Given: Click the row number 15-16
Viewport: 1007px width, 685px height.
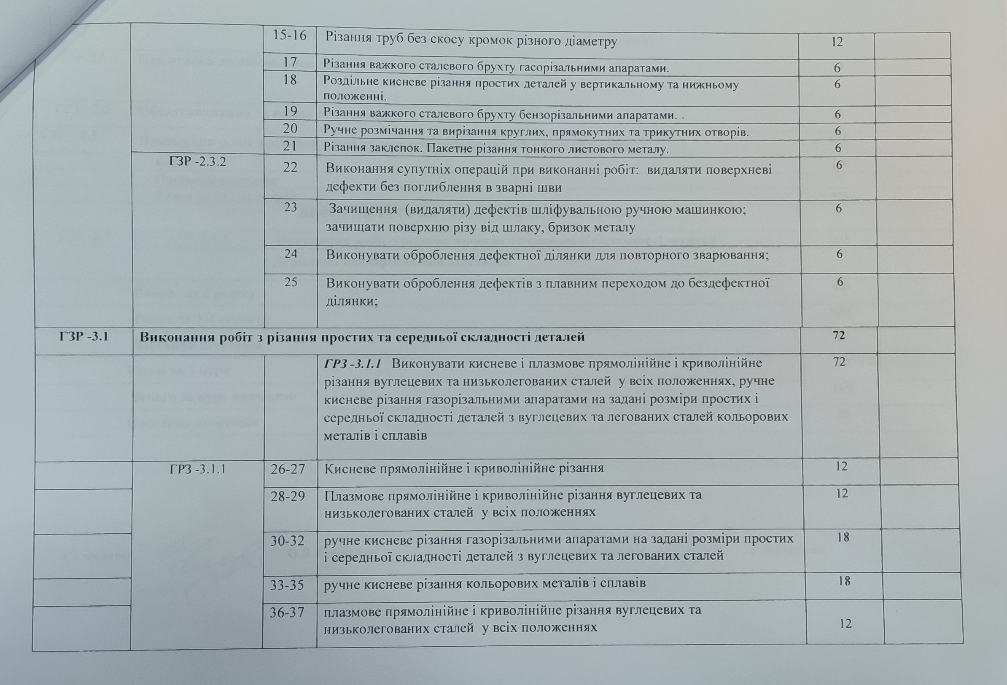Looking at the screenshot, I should coord(289,36).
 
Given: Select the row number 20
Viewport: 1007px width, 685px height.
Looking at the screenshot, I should coord(290,129).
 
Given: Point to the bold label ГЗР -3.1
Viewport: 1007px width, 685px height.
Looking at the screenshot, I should coord(83,337).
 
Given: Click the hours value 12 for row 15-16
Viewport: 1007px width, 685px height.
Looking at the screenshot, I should coord(837,42).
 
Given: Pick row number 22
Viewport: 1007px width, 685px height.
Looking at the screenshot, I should coord(290,167).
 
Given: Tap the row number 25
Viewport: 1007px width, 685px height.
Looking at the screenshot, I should coord(291,282).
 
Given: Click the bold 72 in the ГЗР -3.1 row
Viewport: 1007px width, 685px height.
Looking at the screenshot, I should coord(839,335).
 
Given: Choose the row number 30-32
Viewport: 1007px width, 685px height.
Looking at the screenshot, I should coord(288,541).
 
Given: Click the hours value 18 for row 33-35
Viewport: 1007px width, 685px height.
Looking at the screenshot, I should coord(844,581).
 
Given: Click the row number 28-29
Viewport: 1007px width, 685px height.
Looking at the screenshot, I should coord(288,496).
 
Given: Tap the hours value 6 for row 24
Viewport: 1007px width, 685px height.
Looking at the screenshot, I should coord(839,254).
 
